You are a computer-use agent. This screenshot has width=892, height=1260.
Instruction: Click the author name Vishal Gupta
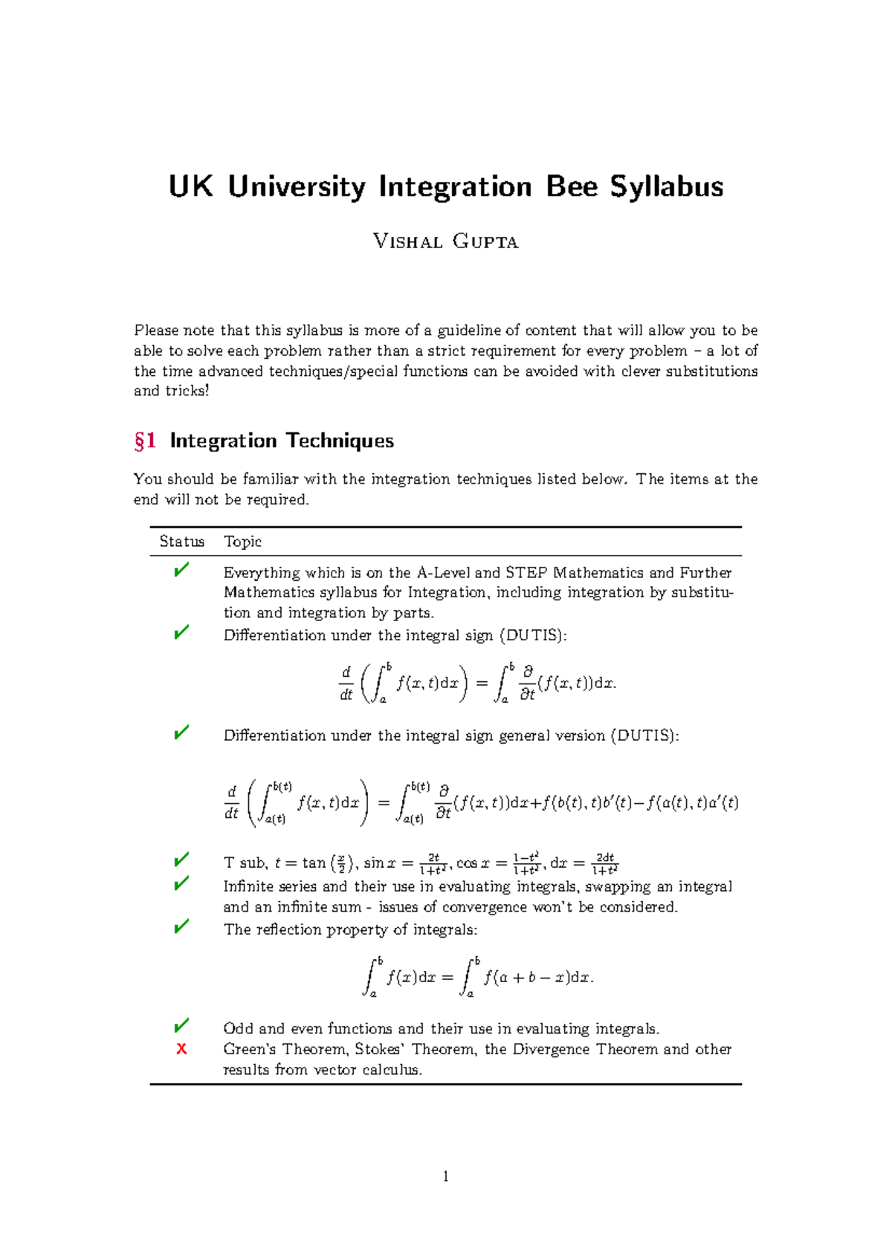(445, 241)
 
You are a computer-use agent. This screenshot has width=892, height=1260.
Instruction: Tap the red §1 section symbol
(145, 441)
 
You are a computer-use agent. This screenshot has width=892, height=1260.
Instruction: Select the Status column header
(181, 542)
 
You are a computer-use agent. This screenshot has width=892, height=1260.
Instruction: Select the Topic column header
(242, 542)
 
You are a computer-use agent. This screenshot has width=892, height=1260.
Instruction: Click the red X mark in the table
(181, 1049)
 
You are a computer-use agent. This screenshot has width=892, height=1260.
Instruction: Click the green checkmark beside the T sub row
(181, 860)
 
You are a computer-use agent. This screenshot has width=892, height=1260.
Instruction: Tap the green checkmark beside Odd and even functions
(181, 1026)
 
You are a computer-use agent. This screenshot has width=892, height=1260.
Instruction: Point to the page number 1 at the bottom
(445, 1176)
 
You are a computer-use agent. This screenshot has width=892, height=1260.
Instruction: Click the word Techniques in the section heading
(339, 441)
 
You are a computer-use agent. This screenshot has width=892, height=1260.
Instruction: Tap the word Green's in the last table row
(249, 1049)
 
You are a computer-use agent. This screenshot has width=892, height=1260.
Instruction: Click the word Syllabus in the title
(667, 186)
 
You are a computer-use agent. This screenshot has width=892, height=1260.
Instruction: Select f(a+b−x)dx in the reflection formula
(538, 978)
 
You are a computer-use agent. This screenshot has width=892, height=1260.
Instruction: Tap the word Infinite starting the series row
(248, 886)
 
